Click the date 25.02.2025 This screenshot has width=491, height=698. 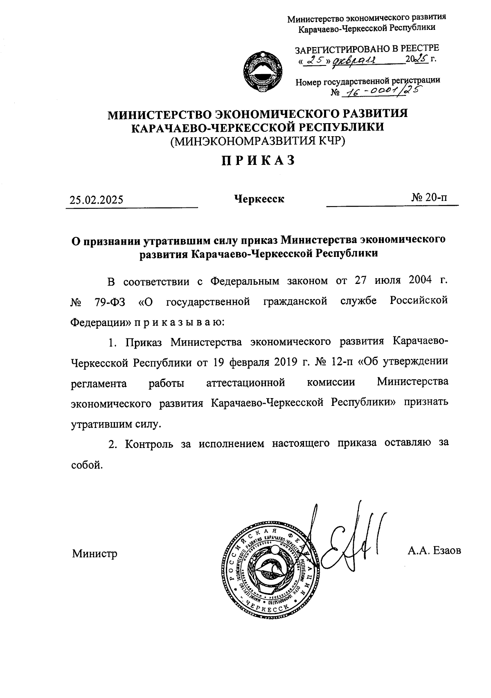tap(96, 200)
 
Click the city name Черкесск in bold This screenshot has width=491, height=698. tap(259, 199)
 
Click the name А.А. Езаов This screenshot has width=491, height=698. tap(434, 551)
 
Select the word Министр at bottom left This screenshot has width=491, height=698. tap(95, 554)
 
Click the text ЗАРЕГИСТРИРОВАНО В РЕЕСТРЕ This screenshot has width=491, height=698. tap(367, 49)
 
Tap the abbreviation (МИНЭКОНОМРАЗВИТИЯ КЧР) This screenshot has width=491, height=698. tap(258, 141)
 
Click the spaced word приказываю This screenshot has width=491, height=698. tap(177, 322)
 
